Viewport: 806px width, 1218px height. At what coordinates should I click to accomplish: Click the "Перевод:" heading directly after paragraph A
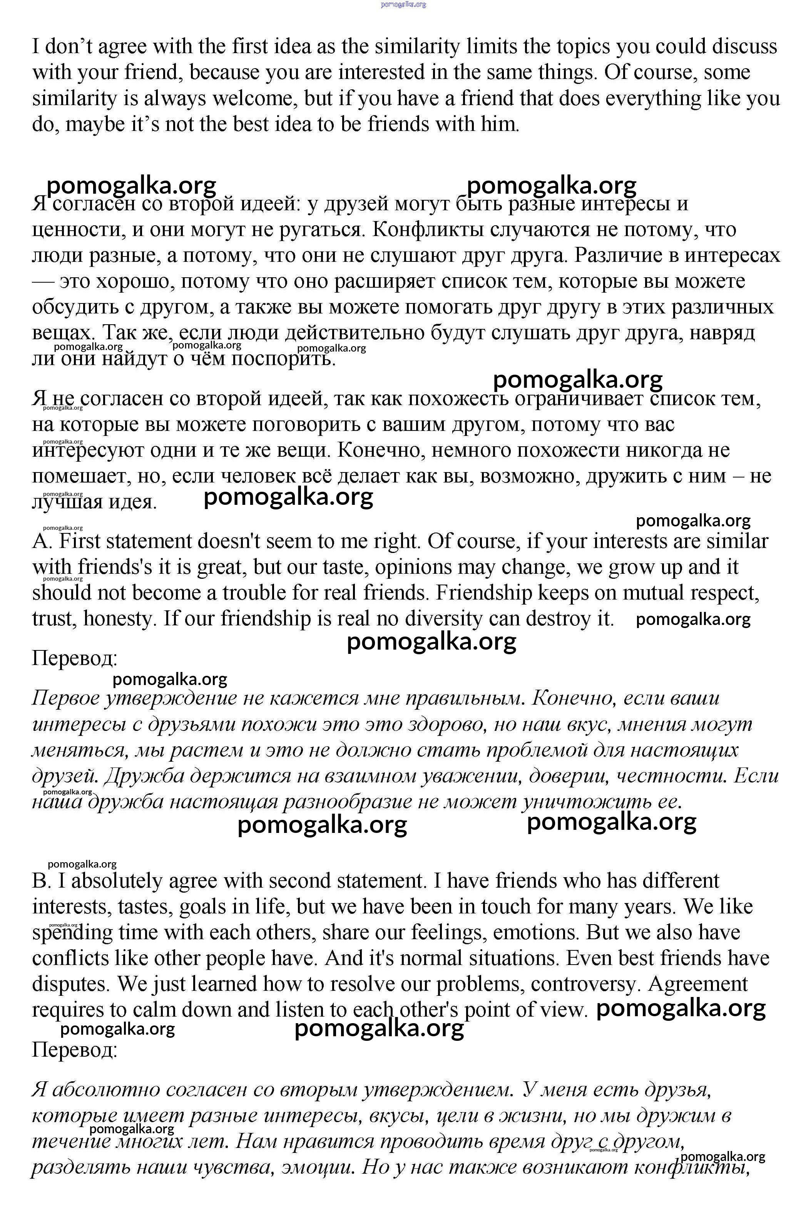pos(75,658)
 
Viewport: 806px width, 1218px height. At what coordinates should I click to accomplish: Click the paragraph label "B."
pos(41,881)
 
